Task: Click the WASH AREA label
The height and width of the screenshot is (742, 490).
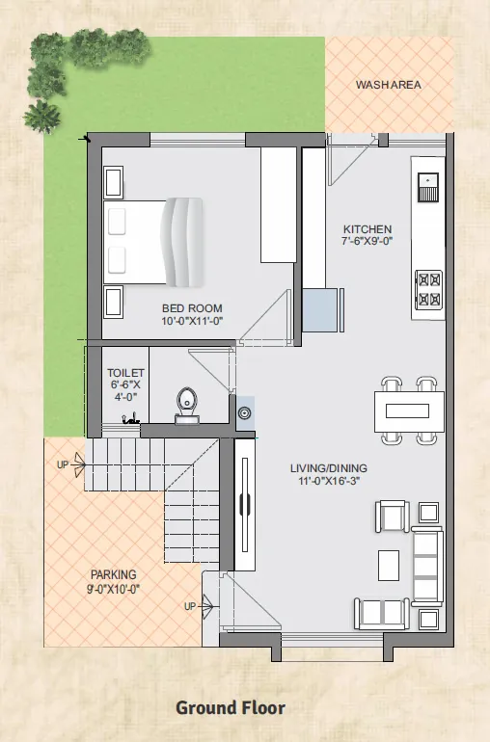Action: [x=388, y=85]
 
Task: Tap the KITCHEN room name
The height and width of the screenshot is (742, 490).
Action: [x=367, y=229]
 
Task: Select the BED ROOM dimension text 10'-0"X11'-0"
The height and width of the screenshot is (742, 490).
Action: [x=192, y=321]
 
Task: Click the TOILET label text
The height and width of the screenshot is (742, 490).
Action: [x=125, y=373]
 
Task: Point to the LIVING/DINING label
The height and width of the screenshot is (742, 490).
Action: [x=328, y=468]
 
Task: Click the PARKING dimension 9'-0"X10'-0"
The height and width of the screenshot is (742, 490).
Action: [x=113, y=589]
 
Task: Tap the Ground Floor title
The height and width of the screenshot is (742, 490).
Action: [x=231, y=708]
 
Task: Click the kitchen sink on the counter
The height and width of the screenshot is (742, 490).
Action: [x=428, y=187]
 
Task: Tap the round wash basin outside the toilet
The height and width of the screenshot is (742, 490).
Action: [x=245, y=413]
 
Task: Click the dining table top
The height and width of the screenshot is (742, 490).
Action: [x=408, y=411]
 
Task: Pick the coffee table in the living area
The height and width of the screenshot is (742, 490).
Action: [x=389, y=565]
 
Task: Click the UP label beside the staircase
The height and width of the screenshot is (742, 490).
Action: [x=63, y=464]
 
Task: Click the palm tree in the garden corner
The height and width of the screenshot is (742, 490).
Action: [x=41, y=117]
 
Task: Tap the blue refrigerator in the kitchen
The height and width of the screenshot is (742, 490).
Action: [x=321, y=310]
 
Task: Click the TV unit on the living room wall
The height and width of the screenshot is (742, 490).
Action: [x=245, y=504]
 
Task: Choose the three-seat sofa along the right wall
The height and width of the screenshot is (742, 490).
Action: [x=427, y=566]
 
